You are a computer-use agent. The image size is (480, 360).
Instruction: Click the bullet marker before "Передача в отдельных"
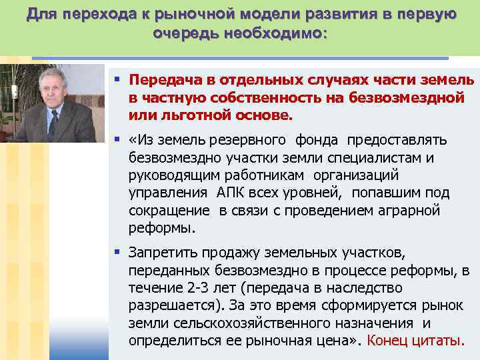pos(117,79)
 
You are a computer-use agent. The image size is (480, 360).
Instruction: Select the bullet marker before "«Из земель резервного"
pos(117,140)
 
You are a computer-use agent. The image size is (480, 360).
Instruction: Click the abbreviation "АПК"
pos(233,193)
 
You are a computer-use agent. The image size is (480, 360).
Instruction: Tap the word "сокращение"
pos(169,211)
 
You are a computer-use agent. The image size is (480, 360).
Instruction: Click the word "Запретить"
pos(160,253)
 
